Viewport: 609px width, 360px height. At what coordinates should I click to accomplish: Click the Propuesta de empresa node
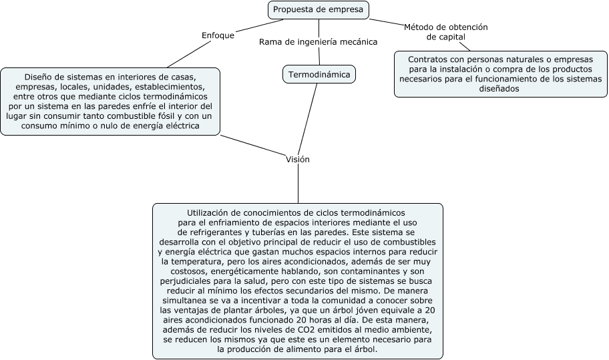(x=318, y=9)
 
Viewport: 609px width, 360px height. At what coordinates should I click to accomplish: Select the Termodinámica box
(x=319, y=74)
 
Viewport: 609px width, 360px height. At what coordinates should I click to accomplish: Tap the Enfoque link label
(x=218, y=35)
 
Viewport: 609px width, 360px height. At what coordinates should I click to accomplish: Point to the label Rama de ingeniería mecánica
(x=319, y=41)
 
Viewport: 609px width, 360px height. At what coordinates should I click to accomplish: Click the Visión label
(x=298, y=160)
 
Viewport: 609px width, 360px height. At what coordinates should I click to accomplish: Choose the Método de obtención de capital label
(x=445, y=31)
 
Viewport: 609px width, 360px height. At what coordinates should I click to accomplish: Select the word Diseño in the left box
(x=39, y=77)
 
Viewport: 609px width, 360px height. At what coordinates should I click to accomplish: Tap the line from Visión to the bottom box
(x=298, y=184)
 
